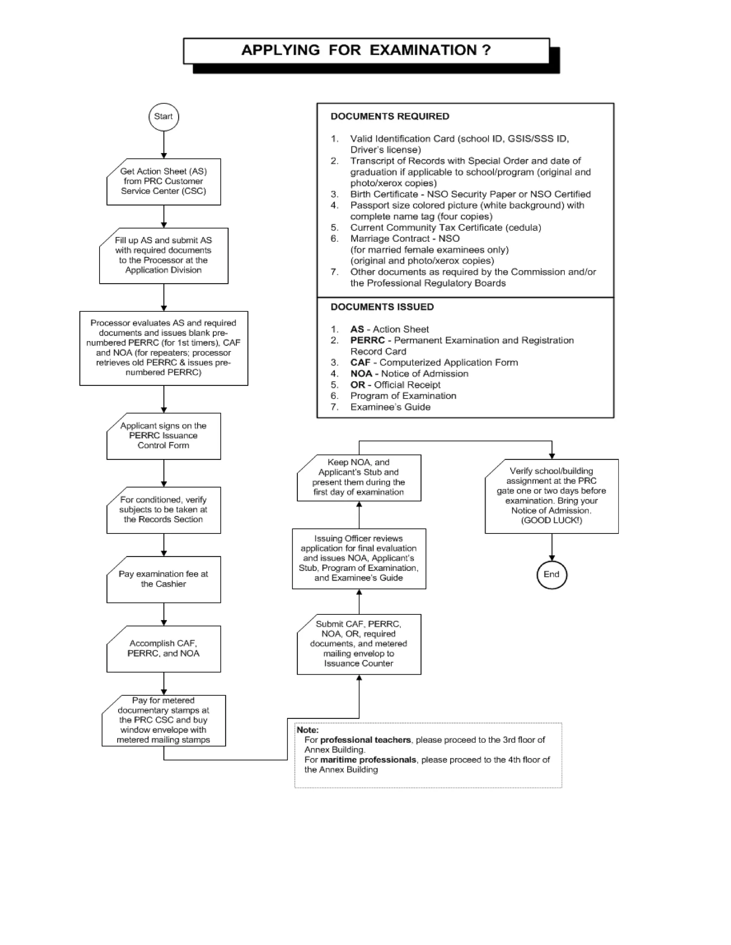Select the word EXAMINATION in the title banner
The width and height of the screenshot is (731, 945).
(x=423, y=50)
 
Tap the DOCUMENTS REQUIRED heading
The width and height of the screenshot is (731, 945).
(x=390, y=116)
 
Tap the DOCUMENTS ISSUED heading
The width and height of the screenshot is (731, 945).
(x=382, y=307)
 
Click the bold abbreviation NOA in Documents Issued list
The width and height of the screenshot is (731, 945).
(x=361, y=374)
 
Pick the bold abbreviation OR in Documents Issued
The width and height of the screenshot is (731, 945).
(x=357, y=385)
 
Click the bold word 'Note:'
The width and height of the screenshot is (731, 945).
(x=307, y=730)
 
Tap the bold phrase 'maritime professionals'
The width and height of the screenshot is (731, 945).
(x=368, y=760)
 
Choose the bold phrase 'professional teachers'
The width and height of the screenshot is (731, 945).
(x=365, y=740)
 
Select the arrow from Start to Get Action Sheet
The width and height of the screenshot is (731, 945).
(x=164, y=145)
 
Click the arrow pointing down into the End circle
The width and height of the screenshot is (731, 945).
(x=552, y=547)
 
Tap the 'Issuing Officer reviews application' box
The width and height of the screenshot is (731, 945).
(x=359, y=558)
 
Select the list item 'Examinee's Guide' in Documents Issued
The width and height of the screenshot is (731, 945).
(x=390, y=407)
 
